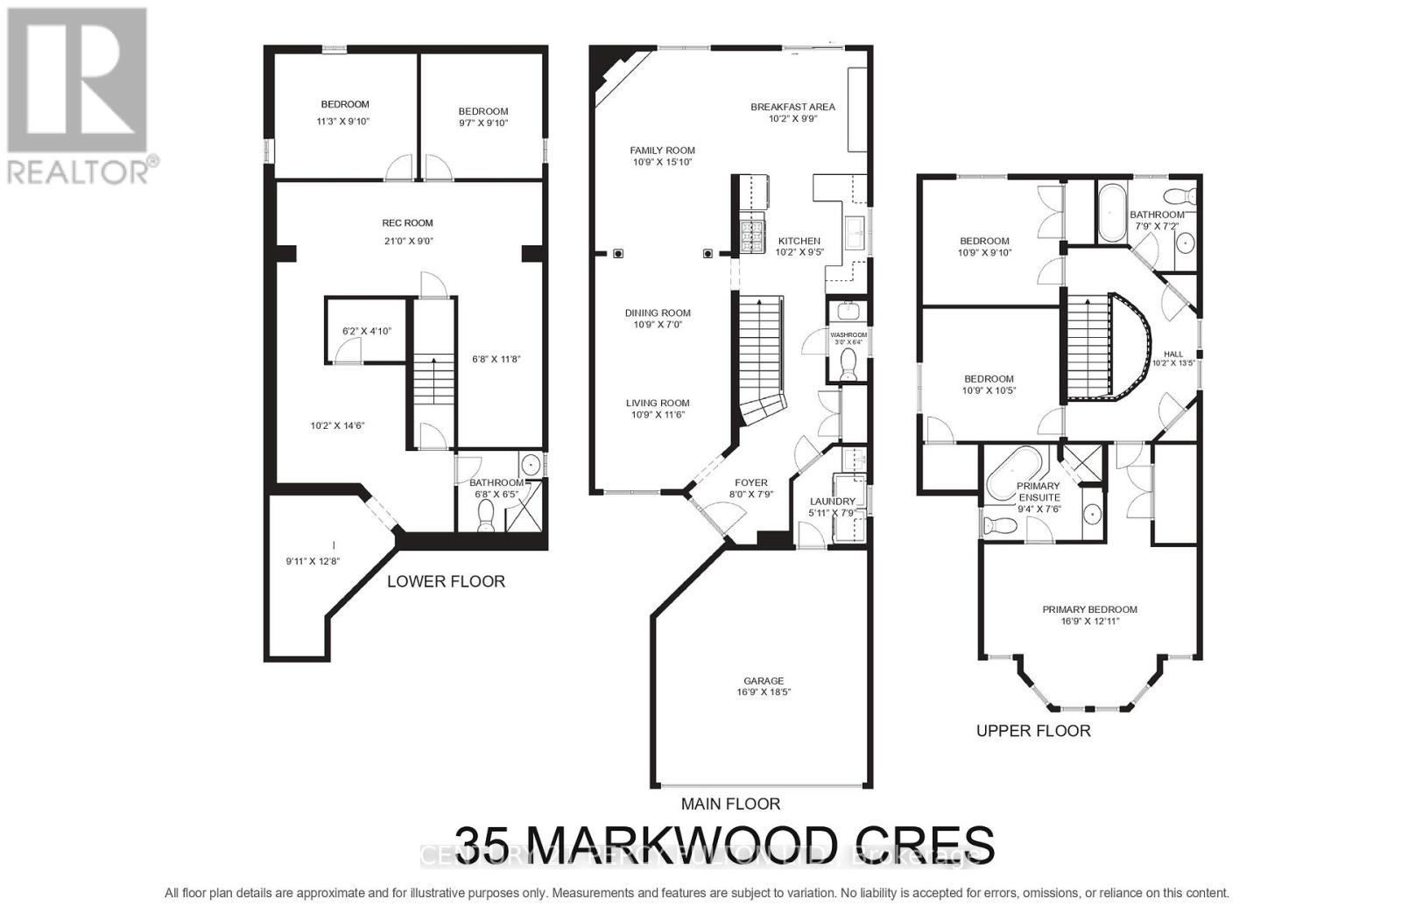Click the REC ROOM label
407,223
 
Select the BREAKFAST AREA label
792,107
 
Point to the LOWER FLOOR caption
446,581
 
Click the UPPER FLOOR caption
1033,731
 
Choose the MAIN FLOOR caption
730,804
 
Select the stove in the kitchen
752,237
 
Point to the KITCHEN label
799,241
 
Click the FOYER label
751,482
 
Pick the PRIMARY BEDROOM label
1089,609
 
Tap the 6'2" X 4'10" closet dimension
366,332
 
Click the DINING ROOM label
658,313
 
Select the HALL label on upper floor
1172,354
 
